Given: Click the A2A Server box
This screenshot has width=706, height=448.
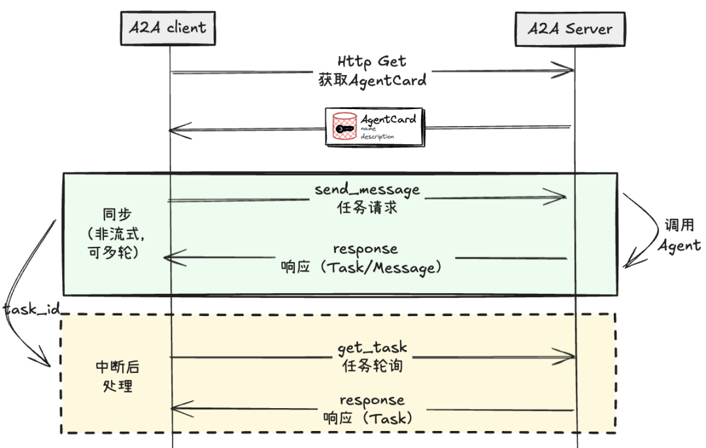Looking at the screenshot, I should tap(569, 29).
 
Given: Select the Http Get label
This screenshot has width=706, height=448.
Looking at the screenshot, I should tap(371, 62).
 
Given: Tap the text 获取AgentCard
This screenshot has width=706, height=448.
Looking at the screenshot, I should tap(371, 80).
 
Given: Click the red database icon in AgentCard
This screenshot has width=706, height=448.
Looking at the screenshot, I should tap(345, 127).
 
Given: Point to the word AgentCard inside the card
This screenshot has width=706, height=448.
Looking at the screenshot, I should tap(388, 120).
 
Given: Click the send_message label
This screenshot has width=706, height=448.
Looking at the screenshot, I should tap(367, 190).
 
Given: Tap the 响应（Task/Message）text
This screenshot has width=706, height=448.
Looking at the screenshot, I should tap(365, 267).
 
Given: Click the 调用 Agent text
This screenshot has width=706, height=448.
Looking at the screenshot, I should tap(679, 236).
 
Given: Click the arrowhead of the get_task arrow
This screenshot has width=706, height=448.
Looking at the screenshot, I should tap(571, 357).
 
